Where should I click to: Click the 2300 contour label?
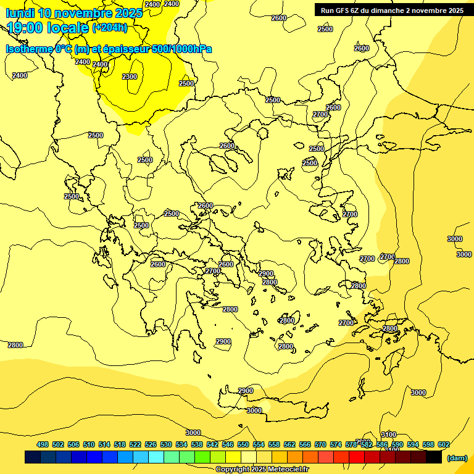point(130,77)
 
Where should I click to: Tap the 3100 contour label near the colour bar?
point(388,434)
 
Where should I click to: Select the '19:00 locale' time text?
point(48,28)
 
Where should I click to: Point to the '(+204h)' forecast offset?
point(109,27)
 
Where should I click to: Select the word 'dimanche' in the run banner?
point(402,10)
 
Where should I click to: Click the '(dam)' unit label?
point(457,457)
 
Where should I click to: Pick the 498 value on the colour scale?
point(43,444)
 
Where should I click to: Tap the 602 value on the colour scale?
point(444,444)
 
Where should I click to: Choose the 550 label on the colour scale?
point(243,444)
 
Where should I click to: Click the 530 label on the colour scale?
point(166,444)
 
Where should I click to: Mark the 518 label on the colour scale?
point(120,444)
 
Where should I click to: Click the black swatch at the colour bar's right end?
point(434,457)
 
